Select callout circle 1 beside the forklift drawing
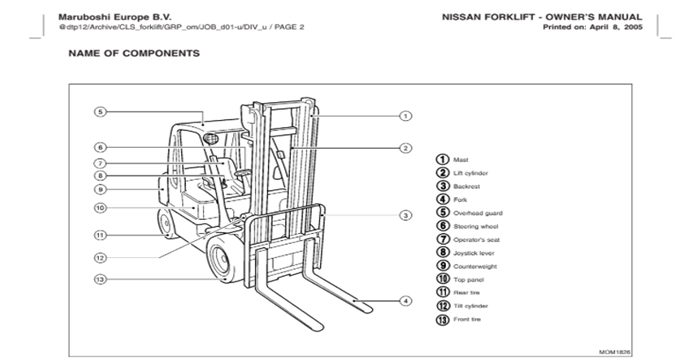(x=406, y=116)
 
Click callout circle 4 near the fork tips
(x=406, y=300)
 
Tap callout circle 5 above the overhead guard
(x=100, y=112)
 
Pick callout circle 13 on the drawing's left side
(x=100, y=279)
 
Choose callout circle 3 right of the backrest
(x=406, y=215)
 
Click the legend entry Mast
(x=461, y=159)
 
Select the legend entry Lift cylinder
(x=470, y=172)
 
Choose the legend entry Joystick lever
(x=473, y=253)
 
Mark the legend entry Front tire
(x=467, y=320)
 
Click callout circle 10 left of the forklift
(x=100, y=208)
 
